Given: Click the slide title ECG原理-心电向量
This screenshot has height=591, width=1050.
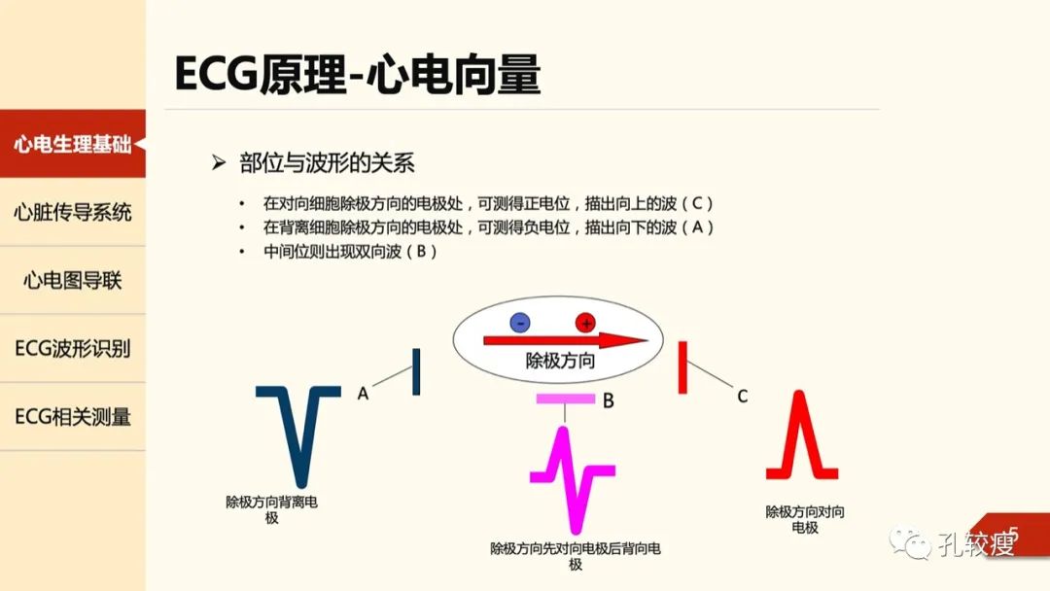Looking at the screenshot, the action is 357,74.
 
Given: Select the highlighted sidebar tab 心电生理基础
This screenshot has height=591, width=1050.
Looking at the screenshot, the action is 72,144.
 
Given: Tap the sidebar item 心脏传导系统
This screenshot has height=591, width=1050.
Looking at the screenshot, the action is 72,212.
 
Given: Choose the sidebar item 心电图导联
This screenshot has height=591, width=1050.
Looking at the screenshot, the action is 72,281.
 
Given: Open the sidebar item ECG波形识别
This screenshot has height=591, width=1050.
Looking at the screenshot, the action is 72,349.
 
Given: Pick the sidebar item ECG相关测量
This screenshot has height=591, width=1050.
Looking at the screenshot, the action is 72,416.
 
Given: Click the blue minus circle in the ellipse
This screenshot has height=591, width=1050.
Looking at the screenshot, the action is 519,323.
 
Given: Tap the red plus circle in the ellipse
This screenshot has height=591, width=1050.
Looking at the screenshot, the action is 585,323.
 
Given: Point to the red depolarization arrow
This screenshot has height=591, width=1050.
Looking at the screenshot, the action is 565,340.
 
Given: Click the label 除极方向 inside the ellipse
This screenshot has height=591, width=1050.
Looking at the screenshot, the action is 560,362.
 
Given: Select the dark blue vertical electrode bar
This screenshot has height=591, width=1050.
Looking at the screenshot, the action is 416,371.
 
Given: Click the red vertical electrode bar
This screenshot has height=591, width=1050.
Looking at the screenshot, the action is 682,367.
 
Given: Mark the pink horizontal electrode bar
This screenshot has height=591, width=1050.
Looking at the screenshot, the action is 565,399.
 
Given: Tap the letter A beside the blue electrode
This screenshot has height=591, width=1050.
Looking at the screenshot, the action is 363,394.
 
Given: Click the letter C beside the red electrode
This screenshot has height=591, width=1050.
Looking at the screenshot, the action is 742,397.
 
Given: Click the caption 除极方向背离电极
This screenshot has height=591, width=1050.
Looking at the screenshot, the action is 271,509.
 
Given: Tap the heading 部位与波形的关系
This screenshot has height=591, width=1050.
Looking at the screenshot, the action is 327,162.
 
